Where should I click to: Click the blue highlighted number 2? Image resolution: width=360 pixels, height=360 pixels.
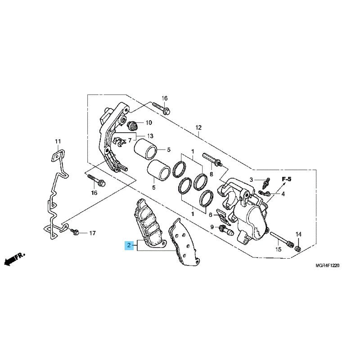pyautogui.click(x=129, y=245)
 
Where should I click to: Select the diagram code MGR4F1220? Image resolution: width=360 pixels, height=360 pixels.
pyautogui.click(x=327, y=265)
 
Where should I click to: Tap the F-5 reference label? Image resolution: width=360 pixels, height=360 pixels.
pyautogui.click(x=287, y=179)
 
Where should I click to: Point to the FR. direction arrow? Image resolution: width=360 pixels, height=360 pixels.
pyautogui.click(x=14, y=259)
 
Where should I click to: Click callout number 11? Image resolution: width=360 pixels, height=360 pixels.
pyautogui.click(x=58, y=141)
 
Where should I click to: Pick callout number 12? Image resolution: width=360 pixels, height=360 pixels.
pyautogui.click(x=198, y=127)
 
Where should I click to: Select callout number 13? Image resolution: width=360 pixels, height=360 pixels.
pyautogui.click(x=150, y=136)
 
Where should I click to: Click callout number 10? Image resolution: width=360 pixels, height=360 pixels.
pyautogui.click(x=149, y=122)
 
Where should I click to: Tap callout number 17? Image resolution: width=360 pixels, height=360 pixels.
pyautogui.click(x=92, y=233)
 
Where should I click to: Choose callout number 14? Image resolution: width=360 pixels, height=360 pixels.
pyautogui.click(x=298, y=234)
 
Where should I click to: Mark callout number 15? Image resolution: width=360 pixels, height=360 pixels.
pyautogui.click(x=278, y=249)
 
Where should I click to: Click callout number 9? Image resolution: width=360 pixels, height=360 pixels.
pyautogui.click(x=212, y=227)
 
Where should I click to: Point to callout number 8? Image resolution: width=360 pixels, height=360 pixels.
pyautogui.click(x=211, y=174)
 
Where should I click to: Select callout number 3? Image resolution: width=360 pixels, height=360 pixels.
pyautogui.click(x=251, y=180)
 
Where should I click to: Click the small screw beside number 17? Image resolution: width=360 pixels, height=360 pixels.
pyautogui.click(x=75, y=232)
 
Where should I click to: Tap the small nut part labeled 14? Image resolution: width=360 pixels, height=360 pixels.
pyautogui.click(x=298, y=248)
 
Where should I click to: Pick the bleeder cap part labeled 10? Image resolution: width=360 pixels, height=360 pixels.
pyautogui.click(x=132, y=126)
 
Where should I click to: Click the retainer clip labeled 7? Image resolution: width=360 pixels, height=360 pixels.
pyautogui.click(x=120, y=141)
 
